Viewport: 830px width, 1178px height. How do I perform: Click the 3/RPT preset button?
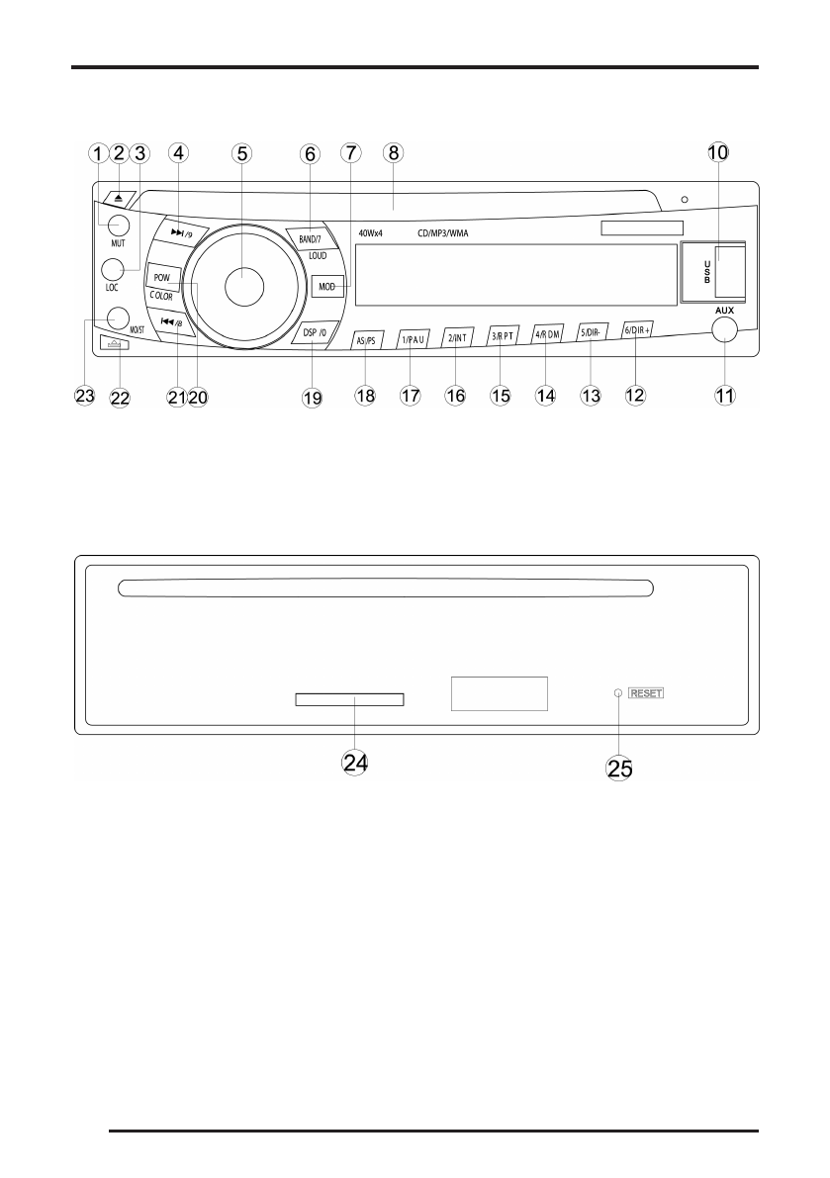[504, 335]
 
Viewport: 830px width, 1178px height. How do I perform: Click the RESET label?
[646, 694]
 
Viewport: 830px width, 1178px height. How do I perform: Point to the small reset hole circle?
[617, 694]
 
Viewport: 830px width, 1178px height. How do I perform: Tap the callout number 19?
[313, 396]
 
